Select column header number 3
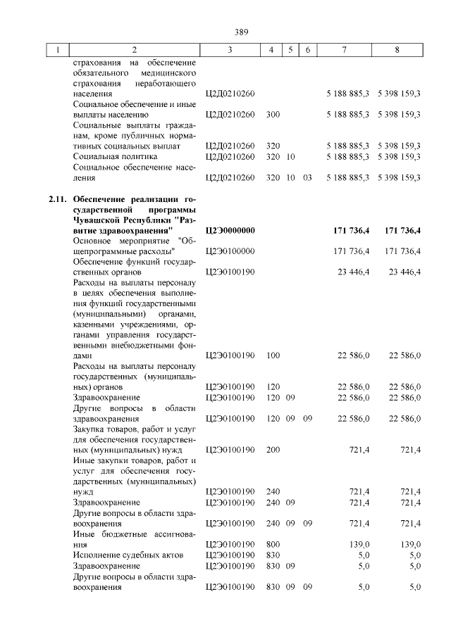pos(230,50)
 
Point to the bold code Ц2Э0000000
pos(230,231)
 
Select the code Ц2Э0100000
pos(230,251)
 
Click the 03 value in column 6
pos(307,178)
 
